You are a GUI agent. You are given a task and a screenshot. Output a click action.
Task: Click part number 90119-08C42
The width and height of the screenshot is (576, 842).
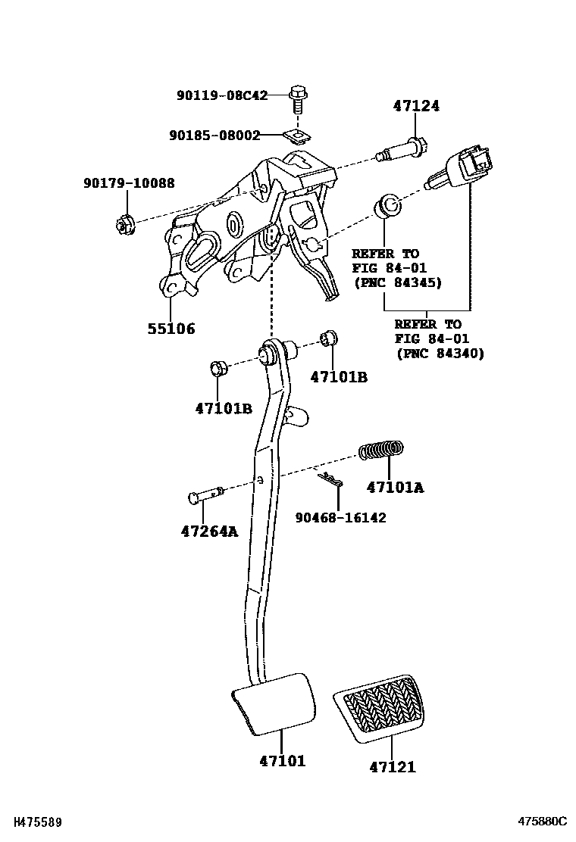pyautogui.click(x=222, y=96)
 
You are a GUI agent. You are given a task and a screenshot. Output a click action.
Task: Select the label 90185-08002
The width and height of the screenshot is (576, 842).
pyautogui.click(x=214, y=136)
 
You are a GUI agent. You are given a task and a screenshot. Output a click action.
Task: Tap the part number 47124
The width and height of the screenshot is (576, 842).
pyautogui.click(x=415, y=107)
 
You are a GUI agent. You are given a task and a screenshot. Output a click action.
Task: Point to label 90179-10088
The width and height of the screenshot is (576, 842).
pyautogui.click(x=129, y=183)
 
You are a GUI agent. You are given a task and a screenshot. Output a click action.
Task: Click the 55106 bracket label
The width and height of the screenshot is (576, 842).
pyautogui.click(x=171, y=329)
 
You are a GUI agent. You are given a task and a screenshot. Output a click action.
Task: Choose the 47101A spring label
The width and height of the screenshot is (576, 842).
pyautogui.click(x=395, y=488)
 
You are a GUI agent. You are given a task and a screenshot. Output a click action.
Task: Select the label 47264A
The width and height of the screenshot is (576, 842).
pyautogui.click(x=209, y=531)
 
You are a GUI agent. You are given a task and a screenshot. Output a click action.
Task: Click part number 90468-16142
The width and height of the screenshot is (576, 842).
pyautogui.click(x=340, y=518)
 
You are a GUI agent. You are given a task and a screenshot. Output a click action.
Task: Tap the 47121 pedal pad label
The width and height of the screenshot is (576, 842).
pyautogui.click(x=393, y=767)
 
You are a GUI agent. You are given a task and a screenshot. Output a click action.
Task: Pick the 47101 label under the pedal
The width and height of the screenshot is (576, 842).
pyautogui.click(x=281, y=760)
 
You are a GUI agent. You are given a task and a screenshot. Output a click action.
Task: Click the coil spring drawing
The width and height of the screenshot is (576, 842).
pyautogui.click(x=381, y=451)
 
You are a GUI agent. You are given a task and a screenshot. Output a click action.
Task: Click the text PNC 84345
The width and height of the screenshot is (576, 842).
pyautogui.click(x=397, y=282)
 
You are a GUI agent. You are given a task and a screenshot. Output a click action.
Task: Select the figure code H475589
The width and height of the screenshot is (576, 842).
pyautogui.click(x=32, y=822)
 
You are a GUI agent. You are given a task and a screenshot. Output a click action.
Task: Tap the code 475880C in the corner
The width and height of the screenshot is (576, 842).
pyautogui.click(x=542, y=822)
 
